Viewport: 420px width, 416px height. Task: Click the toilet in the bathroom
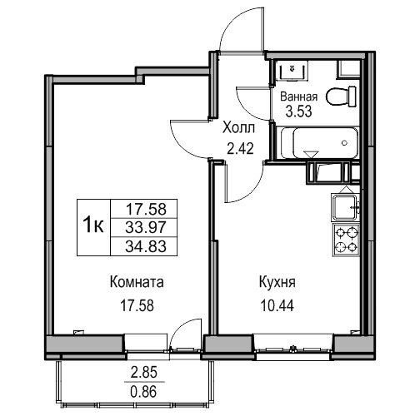pos(341,97)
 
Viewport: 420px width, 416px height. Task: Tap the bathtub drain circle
pos(345,143)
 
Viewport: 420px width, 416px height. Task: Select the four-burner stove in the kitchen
pos(346,240)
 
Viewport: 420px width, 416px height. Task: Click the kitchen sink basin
pos(344,207)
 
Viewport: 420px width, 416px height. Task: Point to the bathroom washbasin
pos(292,71)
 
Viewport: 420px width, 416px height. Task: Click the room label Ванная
pos(298,97)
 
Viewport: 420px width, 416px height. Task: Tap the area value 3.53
pos(298,111)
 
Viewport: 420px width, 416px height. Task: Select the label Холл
pos(239,128)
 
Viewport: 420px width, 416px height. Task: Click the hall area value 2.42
pos(240,149)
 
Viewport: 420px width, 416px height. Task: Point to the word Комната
pos(137,282)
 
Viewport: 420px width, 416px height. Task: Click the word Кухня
pos(277,282)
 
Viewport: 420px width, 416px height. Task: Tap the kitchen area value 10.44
pos(277,306)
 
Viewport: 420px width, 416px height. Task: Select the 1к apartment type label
pos(93,225)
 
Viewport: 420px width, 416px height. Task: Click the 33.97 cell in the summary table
pos(146,228)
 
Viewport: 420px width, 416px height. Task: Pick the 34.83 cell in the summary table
pos(146,246)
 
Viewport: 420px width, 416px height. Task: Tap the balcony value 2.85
pos(144,373)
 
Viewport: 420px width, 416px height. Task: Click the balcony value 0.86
pos(144,392)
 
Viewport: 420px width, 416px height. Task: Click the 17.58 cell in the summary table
pos(147,209)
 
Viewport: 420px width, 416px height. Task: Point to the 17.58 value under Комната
pos(137,306)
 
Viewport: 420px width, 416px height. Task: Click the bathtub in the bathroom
pos(319,143)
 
